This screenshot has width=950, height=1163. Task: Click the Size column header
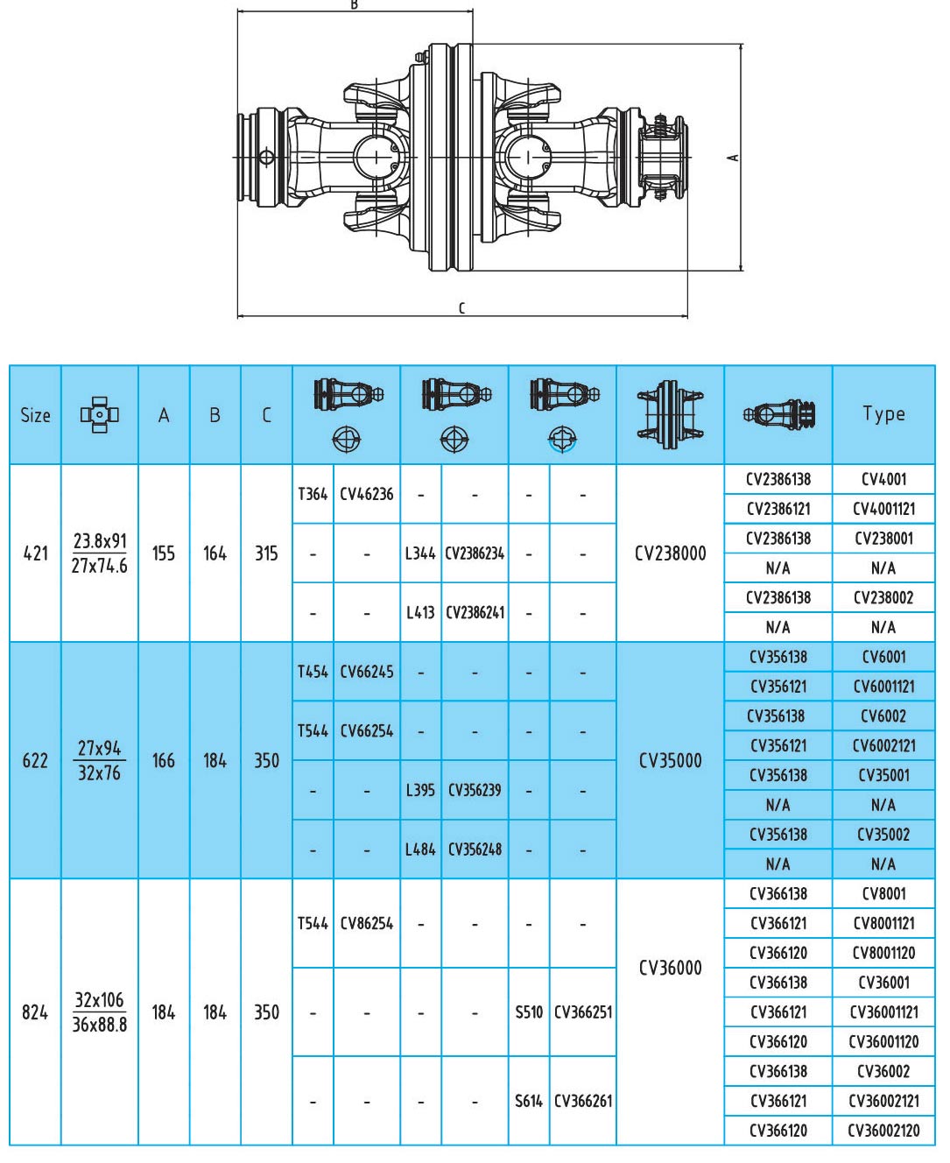click(35, 415)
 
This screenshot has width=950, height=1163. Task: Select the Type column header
click(883, 414)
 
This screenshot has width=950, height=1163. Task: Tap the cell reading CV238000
click(670, 553)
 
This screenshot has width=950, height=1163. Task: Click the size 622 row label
click(35, 760)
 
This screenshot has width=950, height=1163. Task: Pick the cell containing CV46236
click(366, 494)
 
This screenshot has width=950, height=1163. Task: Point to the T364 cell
click(313, 494)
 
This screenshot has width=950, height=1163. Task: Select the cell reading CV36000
click(670, 968)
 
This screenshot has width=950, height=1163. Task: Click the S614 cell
click(529, 1101)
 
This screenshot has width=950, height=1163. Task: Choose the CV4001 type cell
click(883, 479)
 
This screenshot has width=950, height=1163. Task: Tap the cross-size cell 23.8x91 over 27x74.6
click(99, 553)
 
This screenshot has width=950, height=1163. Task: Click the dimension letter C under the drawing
click(461, 307)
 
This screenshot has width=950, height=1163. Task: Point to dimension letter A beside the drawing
click(733, 158)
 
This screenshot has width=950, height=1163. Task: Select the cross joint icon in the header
click(99, 414)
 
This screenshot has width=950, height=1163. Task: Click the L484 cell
click(420, 849)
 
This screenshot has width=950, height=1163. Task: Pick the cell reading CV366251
click(583, 1012)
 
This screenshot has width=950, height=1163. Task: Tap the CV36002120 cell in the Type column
click(883, 1131)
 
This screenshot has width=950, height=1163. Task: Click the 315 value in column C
click(266, 553)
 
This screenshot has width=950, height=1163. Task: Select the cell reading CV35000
click(670, 760)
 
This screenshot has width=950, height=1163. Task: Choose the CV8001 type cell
click(883, 893)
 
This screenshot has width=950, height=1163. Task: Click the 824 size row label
click(35, 1012)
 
